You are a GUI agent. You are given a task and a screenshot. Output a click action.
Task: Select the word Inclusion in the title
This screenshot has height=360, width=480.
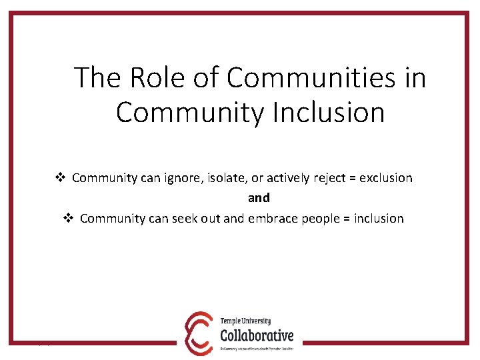point(328,112)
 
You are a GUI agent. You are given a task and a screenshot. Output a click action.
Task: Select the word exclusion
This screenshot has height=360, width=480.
point(386,178)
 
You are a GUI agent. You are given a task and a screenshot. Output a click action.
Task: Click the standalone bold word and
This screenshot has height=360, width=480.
point(259,198)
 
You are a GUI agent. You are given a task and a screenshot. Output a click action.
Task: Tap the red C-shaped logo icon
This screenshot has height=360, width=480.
point(199,331)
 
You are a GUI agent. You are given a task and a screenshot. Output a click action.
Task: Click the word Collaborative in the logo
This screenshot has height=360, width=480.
point(256,335)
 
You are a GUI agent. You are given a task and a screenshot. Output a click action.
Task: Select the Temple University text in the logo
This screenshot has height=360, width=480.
point(245,321)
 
